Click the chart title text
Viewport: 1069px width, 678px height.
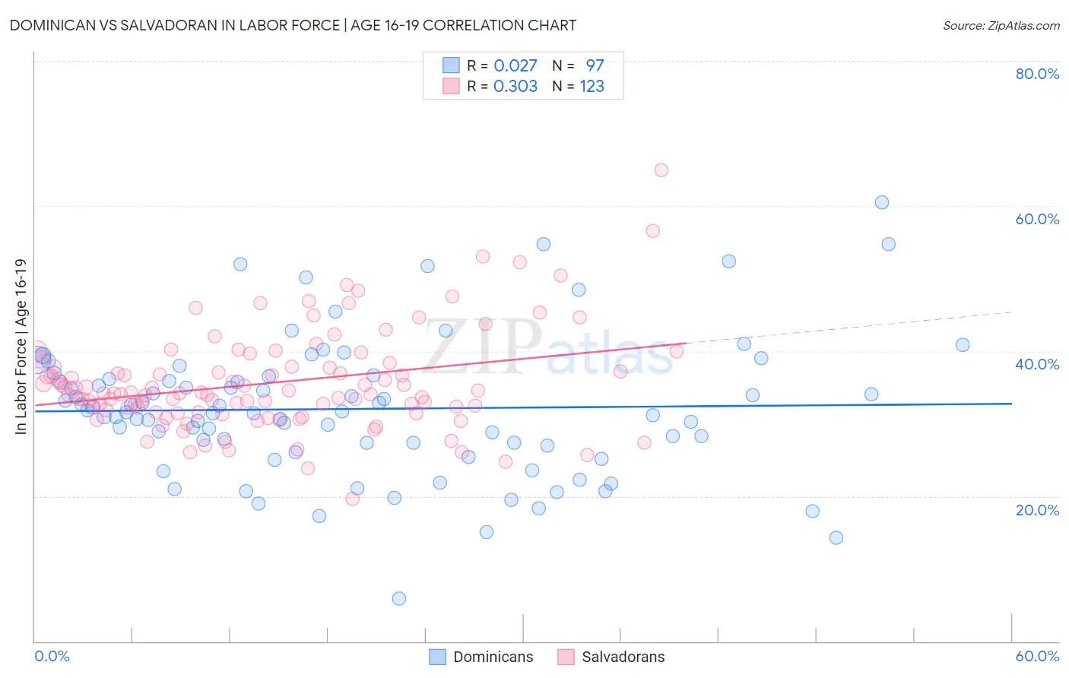[293, 25]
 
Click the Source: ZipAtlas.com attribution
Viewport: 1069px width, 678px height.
[1001, 25]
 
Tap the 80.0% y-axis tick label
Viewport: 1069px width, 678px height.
[1037, 74]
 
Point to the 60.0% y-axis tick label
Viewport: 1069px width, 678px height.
[1037, 219]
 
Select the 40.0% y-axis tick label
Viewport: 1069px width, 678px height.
[1037, 364]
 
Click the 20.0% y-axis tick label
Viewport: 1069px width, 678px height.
[1037, 509]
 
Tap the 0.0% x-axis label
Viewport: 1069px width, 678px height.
[52, 656]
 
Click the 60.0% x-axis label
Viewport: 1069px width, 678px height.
[1037, 656]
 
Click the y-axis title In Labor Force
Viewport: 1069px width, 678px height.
[21, 347]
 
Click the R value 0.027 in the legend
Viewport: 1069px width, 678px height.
[515, 65]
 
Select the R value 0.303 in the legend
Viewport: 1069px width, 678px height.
[515, 87]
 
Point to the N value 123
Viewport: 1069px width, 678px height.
[592, 87]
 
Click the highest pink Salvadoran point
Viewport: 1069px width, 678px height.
[661, 170]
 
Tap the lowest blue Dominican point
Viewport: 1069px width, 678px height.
[399, 599]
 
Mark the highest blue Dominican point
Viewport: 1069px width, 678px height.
[882, 202]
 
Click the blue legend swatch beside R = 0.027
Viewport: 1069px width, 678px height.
[451, 65]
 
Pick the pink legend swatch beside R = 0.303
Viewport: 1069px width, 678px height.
[451, 87]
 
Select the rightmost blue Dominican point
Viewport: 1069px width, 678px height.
[963, 345]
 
